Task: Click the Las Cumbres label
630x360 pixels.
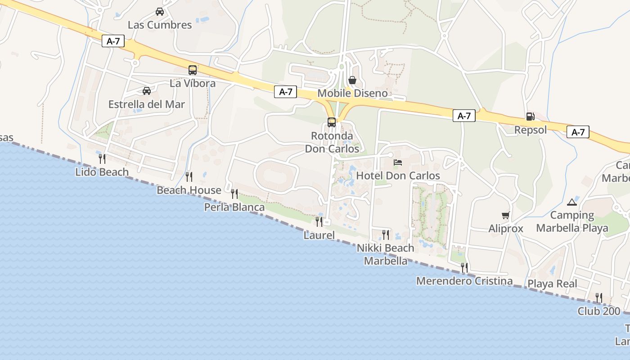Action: click(x=160, y=25)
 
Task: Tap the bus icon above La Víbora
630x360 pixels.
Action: click(x=193, y=70)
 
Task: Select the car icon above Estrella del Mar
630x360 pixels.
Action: click(x=147, y=91)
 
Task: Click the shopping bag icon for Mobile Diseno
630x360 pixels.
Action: click(x=352, y=80)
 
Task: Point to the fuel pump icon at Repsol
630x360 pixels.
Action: click(x=530, y=117)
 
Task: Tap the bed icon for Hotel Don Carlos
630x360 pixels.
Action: click(x=398, y=162)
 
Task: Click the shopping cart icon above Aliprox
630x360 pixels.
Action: click(x=506, y=216)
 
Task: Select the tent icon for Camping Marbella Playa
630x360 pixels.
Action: click(x=572, y=202)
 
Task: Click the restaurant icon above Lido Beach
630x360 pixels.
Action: click(x=102, y=158)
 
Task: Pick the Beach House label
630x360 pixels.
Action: click(x=189, y=190)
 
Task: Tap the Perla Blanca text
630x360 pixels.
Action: click(x=234, y=207)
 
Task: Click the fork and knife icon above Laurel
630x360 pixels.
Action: click(x=319, y=221)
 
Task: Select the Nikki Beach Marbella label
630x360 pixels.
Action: click(x=386, y=254)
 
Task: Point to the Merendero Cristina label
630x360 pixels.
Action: click(x=464, y=281)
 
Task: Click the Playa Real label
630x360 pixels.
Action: click(x=552, y=284)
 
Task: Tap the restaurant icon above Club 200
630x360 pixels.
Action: click(x=598, y=297)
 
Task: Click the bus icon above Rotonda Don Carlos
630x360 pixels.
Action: click(x=332, y=122)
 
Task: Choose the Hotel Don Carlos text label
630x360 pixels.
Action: click(x=398, y=175)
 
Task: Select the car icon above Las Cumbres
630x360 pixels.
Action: click(x=160, y=12)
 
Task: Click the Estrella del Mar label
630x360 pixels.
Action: click(x=147, y=104)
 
